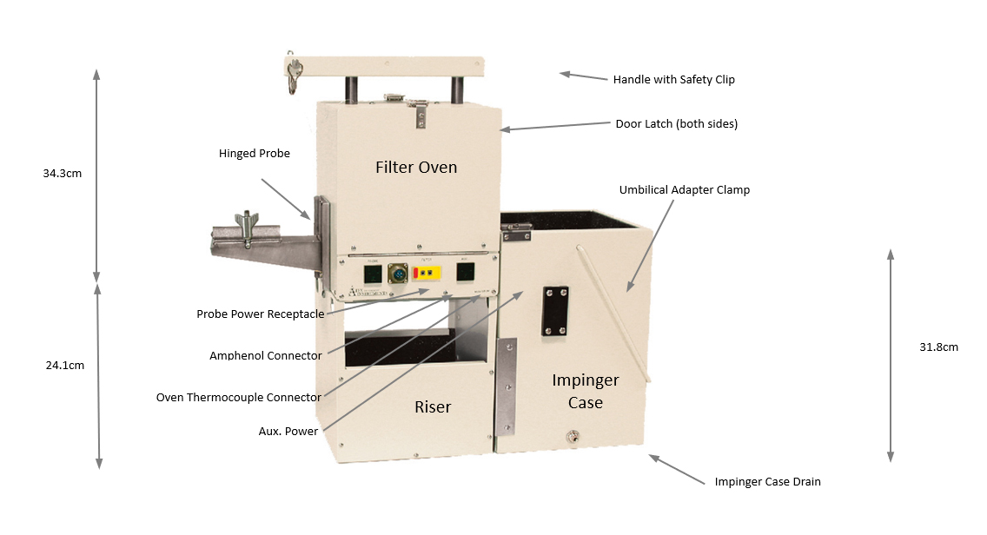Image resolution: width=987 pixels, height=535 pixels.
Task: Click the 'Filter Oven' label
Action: click(416, 167)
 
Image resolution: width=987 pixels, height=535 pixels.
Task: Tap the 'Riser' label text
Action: click(433, 406)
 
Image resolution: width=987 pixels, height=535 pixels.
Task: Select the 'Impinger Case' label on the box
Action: click(586, 391)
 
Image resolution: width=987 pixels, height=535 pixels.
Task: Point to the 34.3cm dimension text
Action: click(63, 174)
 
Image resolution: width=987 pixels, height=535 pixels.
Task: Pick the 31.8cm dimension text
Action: click(938, 347)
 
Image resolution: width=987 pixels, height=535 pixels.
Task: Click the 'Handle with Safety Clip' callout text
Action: click(673, 80)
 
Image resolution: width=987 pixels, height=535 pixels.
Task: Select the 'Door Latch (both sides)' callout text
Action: click(676, 124)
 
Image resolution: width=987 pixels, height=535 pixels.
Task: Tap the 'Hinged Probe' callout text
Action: click(255, 154)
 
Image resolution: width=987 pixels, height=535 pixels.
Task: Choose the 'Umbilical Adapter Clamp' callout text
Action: click(684, 190)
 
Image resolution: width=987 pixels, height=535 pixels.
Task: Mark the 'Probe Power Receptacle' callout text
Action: click(260, 314)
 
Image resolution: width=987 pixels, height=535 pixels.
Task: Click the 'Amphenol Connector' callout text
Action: click(266, 356)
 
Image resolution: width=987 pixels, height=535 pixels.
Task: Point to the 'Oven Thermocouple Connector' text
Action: click(239, 398)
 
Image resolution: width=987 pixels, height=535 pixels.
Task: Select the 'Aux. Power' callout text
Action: click(288, 431)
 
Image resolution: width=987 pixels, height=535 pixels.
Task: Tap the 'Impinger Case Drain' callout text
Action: click(767, 482)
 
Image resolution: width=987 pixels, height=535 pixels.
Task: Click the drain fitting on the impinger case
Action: click(573, 438)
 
